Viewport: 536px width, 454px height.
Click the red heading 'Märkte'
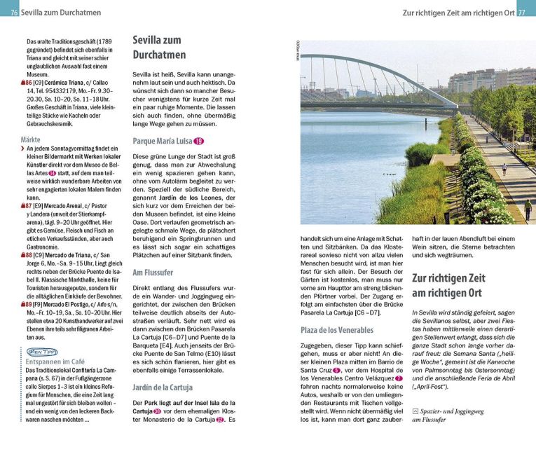tap(31, 139)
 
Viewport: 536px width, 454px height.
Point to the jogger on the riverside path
tap(504, 169)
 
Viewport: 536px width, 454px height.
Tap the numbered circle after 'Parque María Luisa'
tap(199, 142)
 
